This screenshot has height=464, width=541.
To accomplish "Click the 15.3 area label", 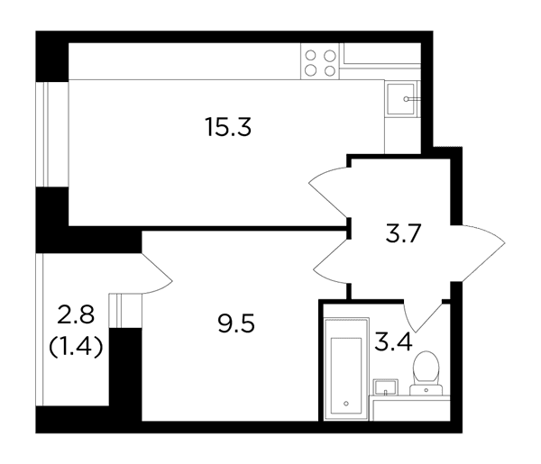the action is tap(228, 127).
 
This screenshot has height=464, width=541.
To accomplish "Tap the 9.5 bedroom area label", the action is tap(236, 323).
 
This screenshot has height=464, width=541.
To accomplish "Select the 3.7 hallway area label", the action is tap(404, 233).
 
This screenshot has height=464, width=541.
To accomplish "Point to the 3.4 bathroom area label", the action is tap(394, 341).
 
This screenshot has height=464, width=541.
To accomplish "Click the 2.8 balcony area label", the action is tap(76, 314).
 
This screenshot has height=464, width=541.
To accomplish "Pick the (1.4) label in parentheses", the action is tap(76, 347).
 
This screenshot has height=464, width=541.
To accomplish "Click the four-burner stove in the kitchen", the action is tap(320, 61).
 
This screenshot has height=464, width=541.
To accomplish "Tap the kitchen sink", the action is tap(401, 98).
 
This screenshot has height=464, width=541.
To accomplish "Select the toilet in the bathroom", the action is tap(426, 373).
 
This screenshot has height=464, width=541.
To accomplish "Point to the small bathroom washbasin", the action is tap(385, 387).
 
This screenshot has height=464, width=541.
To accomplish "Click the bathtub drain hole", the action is tap(346, 404).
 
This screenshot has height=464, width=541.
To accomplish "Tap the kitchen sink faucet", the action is tap(412, 99).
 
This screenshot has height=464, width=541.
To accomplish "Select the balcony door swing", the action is tap(157, 273).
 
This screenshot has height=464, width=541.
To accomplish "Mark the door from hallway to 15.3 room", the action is tap(329, 192).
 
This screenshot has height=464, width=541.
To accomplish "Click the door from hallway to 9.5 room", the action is tap(331, 261).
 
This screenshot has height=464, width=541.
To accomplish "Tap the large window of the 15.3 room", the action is tap(52, 134).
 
